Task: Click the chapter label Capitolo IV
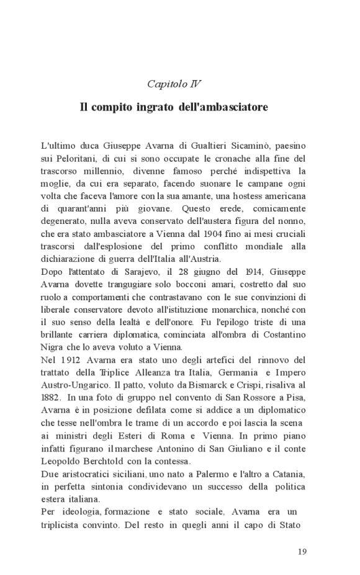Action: click(174, 83)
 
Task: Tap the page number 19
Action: click(302, 551)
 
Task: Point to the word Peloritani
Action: click(81, 158)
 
